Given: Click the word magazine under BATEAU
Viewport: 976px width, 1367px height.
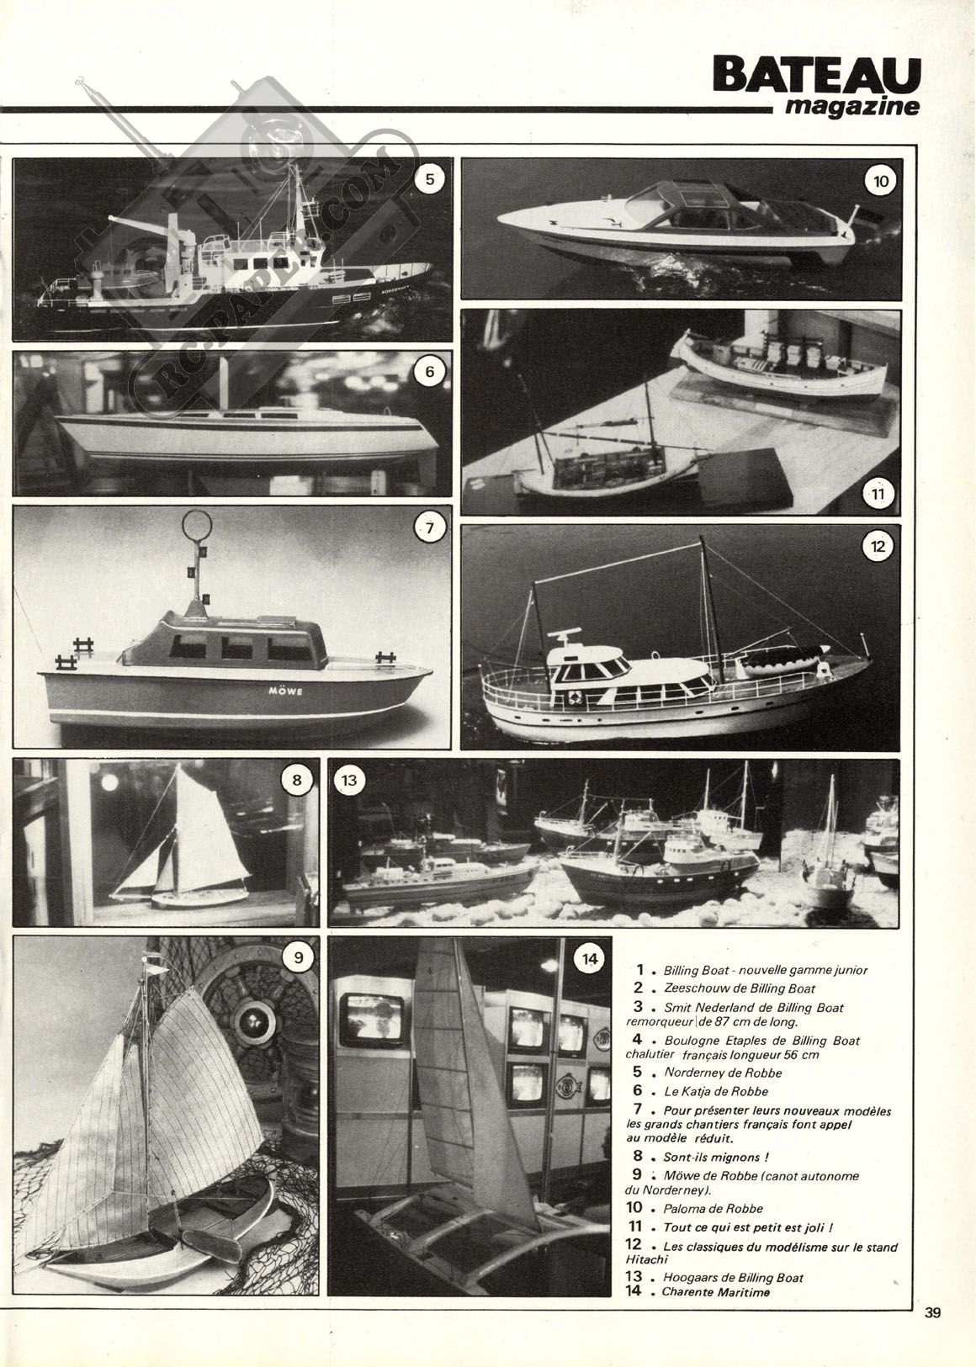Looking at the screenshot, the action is [x=852, y=107].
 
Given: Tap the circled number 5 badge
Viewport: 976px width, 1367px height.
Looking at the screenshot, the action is [x=430, y=179].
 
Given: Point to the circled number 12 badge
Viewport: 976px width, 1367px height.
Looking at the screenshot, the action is [x=878, y=546].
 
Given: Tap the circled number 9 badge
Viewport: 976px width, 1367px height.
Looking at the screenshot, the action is [x=299, y=957].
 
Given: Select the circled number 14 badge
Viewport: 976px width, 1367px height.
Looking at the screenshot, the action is [x=590, y=959].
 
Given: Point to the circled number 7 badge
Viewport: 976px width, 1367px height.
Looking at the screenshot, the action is [x=430, y=528].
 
